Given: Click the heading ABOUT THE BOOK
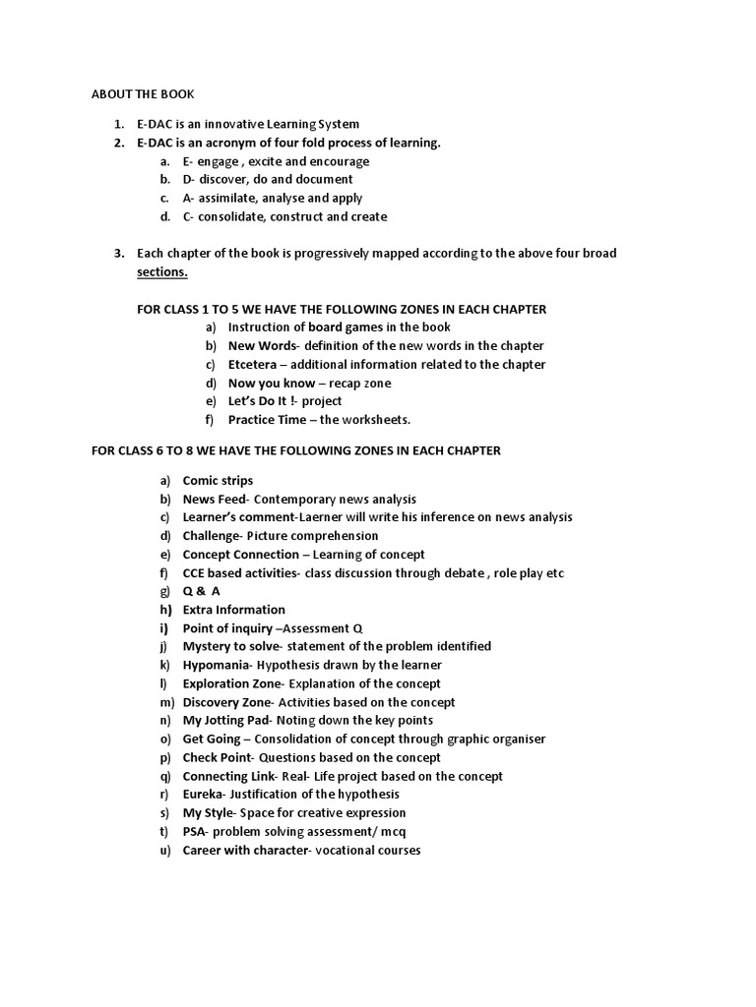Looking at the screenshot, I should coord(143,94).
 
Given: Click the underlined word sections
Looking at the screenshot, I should coord(161,271).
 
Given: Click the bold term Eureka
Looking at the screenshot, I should coord(204,794).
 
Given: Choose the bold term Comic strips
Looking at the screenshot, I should coord(218,480).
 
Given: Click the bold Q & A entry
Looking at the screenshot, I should coord(201,591).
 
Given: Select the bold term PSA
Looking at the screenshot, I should coord(194,831).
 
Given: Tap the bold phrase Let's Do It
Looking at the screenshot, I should coord(261,401).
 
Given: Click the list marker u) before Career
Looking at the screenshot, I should coord(164,850).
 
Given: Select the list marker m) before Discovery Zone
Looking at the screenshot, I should coord(164,702).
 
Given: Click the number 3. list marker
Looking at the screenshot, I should coord(118,254).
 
